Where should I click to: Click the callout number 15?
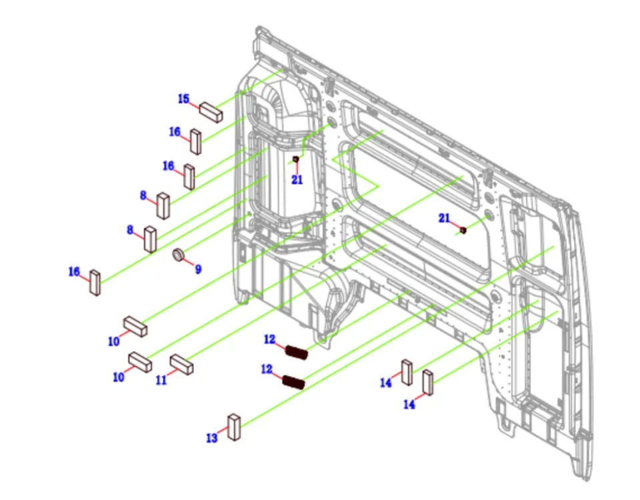coord(184,99)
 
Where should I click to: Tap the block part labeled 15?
coord(211,112)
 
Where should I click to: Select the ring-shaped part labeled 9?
coord(178,255)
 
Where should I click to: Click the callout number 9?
coord(198,269)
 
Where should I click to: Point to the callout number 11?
coord(161,380)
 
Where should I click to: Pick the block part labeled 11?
coord(181,364)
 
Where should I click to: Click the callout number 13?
coord(212,439)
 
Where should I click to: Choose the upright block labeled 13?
coord(234,427)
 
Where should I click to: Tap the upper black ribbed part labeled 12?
coord(296,352)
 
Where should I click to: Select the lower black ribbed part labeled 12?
coord(293,382)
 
